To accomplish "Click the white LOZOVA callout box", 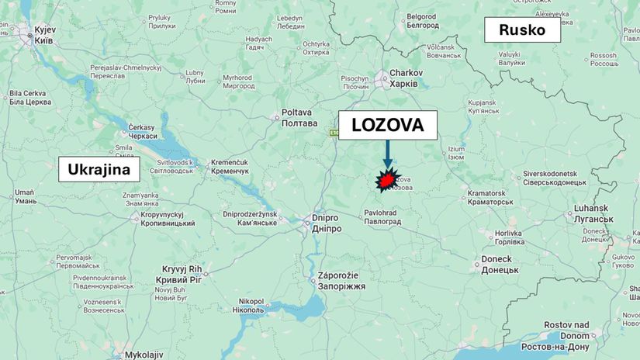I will (388, 125).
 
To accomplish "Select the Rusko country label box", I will (523, 31).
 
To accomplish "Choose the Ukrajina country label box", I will (98, 169).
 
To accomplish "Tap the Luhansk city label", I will (593, 214).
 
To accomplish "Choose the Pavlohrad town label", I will (382, 216).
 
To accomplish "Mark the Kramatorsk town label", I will (490, 197).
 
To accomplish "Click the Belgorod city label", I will (422, 20).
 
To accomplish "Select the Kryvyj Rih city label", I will (178, 274).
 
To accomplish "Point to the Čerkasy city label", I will (142, 131).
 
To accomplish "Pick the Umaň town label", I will (24, 196).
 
